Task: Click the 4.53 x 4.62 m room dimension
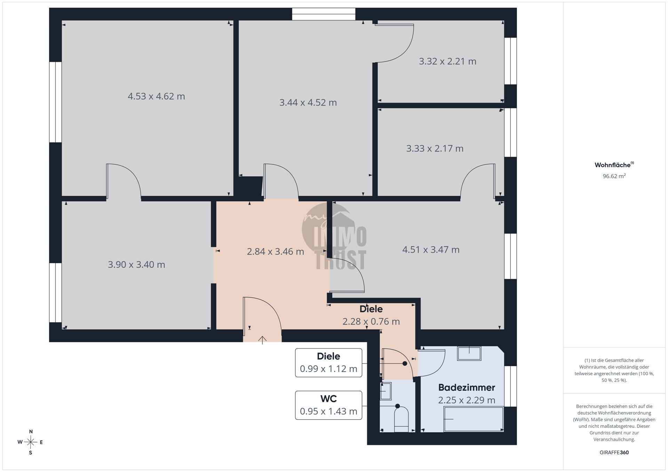(x=156, y=96)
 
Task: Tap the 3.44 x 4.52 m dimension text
(x=308, y=103)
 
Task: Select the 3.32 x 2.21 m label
(x=447, y=62)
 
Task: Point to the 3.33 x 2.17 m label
(x=435, y=149)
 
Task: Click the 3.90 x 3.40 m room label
(x=136, y=265)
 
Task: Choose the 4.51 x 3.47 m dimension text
(x=431, y=250)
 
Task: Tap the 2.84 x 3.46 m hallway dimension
(x=276, y=252)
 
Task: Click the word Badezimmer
(x=467, y=387)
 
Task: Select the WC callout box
(x=328, y=405)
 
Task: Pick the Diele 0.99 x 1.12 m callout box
(x=328, y=363)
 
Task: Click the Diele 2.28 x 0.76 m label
(x=371, y=315)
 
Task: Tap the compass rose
(x=31, y=442)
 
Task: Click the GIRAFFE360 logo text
(x=614, y=453)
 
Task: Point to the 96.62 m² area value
(x=614, y=176)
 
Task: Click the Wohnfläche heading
(x=614, y=165)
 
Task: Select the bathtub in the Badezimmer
(x=474, y=419)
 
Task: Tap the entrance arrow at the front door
(x=262, y=340)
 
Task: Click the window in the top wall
(x=324, y=14)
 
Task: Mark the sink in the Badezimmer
(x=469, y=353)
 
